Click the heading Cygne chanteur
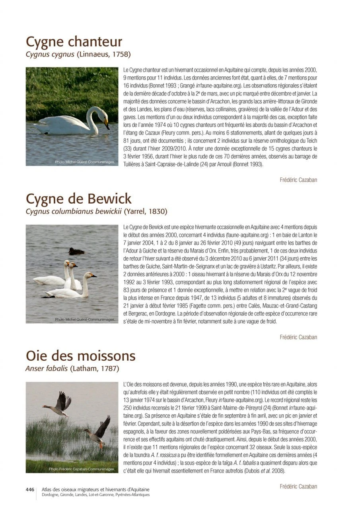(x=74, y=42)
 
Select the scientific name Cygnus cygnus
(x=50, y=54)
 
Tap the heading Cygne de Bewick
(x=78, y=198)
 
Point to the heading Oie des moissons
(x=80, y=355)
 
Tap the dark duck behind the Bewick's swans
(x=76, y=251)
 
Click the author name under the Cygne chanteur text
(x=298, y=180)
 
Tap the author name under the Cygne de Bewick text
(x=298, y=337)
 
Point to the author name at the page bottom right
(x=298, y=486)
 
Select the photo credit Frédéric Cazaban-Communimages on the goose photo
(x=82, y=469)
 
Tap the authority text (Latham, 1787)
(x=94, y=368)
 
